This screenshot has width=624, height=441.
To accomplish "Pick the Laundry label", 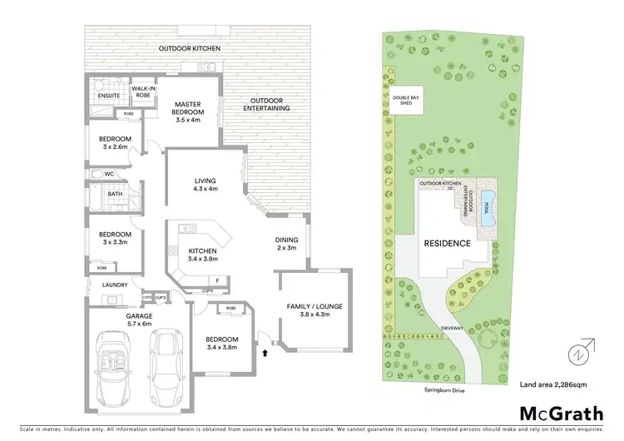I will pos(114,285).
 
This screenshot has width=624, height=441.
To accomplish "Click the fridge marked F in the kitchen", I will pos(216,280).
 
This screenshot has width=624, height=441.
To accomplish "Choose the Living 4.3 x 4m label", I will pos(200,184).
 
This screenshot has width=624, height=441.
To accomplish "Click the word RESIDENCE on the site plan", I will pos(448,244).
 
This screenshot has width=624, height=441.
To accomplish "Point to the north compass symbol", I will pos(578,354).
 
